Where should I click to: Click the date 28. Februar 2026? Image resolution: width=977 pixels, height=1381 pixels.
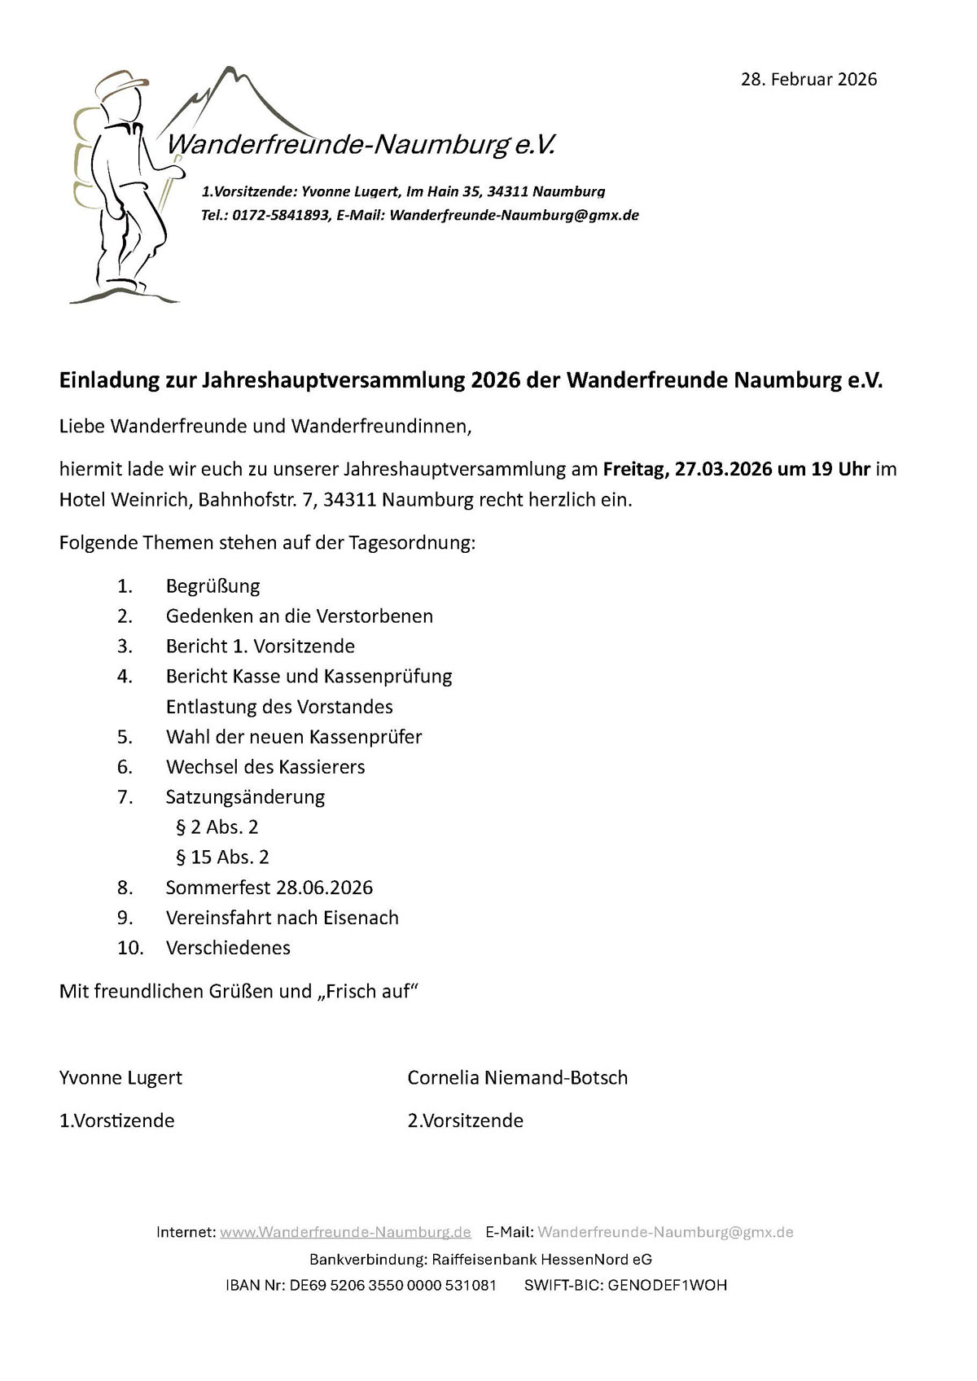tap(808, 79)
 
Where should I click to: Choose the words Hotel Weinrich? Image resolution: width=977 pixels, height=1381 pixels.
tap(122, 500)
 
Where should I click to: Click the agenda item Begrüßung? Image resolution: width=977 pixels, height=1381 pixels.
tap(212, 586)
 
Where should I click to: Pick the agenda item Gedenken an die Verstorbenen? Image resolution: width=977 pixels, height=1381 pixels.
tap(299, 616)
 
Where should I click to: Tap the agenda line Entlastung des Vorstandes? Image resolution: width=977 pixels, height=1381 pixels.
tap(279, 707)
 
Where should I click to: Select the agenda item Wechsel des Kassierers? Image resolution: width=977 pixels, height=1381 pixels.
tap(265, 767)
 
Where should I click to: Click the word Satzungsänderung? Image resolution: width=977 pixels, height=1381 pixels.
tap(245, 797)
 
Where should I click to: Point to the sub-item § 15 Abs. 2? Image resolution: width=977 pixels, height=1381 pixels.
tap(222, 857)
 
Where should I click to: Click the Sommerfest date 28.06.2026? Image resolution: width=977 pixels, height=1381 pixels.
tap(324, 888)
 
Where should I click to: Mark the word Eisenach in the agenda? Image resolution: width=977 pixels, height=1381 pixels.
tap(361, 918)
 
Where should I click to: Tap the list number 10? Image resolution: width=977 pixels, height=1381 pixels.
tap(130, 948)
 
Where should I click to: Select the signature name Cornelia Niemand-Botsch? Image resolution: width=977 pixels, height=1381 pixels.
tap(517, 1078)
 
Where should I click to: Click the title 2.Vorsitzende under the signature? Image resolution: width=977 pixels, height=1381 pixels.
tap(465, 1121)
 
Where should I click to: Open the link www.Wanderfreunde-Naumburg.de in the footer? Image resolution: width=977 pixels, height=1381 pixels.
tap(345, 1232)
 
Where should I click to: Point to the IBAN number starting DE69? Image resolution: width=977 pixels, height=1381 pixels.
tap(392, 1286)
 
